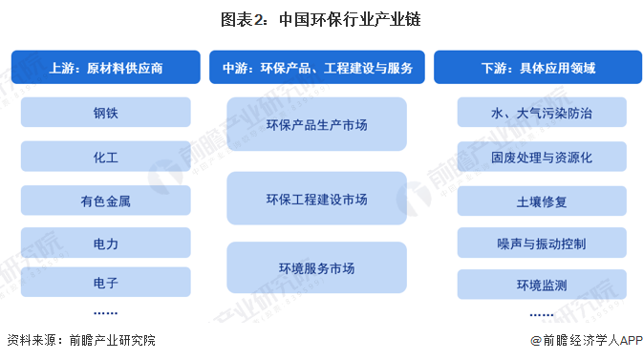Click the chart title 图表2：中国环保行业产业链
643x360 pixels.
[x=321, y=18]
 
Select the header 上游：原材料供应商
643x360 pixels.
[x=106, y=68]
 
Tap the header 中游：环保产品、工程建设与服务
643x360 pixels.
[x=318, y=68]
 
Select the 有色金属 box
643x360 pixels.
[x=106, y=201]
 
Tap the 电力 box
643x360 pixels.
[x=106, y=244]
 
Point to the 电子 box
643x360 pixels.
[x=106, y=284]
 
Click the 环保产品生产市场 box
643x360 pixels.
[x=316, y=123]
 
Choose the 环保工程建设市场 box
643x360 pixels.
[x=316, y=198]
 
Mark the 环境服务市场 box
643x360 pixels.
[x=316, y=268]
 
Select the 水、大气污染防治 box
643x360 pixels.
[x=541, y=113]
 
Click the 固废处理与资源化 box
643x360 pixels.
[x=541, y=157]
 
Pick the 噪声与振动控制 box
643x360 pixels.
[x=541, y=243]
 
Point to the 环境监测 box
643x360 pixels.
[x=541, y=285]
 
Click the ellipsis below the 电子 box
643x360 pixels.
[x=106, y=312]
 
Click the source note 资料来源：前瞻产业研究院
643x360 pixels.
[x=80, y=340]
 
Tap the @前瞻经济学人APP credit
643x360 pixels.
[x=583, y=340]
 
